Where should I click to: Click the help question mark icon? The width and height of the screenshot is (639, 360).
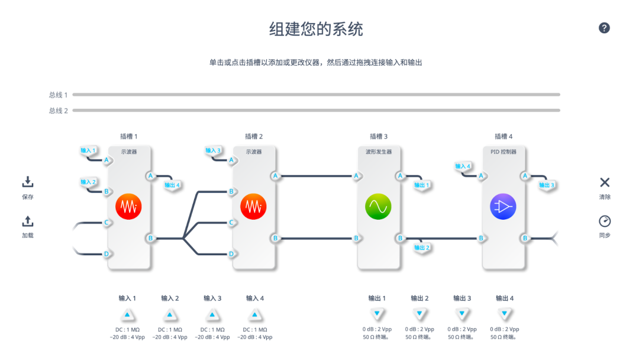tap(604, 28)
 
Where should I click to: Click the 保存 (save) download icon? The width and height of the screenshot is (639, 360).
tap(28, 182)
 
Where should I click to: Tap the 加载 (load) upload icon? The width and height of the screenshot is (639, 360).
tap(28, 221)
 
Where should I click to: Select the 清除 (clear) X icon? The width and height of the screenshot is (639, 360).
tap(604, 182)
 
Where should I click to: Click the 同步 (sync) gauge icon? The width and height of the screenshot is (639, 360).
tap(604, 221)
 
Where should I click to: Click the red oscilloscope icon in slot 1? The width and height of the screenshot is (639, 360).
tap(128, 207)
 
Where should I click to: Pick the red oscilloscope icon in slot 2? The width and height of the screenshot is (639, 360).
tap(253, 207)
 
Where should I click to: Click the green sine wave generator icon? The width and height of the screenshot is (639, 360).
tap(378, 207)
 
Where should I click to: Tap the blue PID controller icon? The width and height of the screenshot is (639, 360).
tap(503, 207)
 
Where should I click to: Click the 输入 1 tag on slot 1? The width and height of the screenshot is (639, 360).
tap(88, 150)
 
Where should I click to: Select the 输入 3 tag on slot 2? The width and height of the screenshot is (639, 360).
tap(213, 150)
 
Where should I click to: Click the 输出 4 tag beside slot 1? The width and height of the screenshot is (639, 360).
tap(172, 185)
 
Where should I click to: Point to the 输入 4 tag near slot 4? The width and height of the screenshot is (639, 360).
tap(463, 166)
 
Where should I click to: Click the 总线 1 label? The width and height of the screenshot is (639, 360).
tap(58, 95)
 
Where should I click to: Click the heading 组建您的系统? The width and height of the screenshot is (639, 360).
tap(316, 28)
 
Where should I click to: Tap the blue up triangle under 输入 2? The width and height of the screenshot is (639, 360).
tap(170, 314)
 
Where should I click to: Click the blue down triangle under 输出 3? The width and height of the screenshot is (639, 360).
tap(461, 314)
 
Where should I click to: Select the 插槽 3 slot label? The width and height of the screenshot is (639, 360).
tap(379, 136)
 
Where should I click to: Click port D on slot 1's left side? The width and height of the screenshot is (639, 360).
tap(107, 254)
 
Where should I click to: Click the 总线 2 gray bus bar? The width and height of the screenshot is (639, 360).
tap(316, 110)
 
